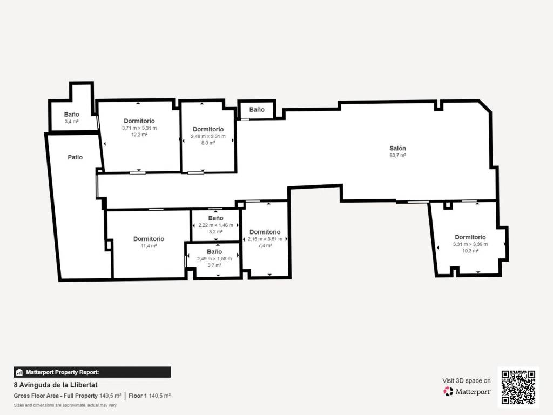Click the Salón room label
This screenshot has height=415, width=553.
pyautogui.click(x=397, y=148)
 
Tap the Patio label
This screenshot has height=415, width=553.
pyautogui.click(x=75, y=157)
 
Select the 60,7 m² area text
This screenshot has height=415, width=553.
pyautogui.click(x=397, y=155)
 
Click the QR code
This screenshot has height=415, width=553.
pyautogui.click(x=518, y=387)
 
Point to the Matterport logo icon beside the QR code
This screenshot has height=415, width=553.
pyautogui.click(x=448, y=391)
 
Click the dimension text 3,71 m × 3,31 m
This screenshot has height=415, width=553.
pyautogui.click(x=139, y=128)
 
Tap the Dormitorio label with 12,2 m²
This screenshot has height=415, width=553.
pyautogui.click(x=139, y=121)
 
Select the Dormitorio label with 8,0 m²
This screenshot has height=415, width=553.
pyautogui.click(x=208, y=130)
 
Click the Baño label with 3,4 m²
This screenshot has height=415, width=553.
pyautogui.click(x=72, y=115)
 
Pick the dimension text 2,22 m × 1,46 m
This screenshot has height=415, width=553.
pyautogui.click(x=215, y=225)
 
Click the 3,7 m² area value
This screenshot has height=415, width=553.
pyautogui.click(x=214, y=265)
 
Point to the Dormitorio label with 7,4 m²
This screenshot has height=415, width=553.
pyautogui.click(x=265, y=232)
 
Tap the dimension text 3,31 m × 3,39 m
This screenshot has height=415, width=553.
pyautogui.click(x=470, y=244)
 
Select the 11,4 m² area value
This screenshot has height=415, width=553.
pyautogui.click(x=149, y=246)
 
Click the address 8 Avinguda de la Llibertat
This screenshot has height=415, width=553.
pyautogui.click(x=56, y=385)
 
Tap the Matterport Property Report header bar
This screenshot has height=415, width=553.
pyautogui.click(x=92, y=372)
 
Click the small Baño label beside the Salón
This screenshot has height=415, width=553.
pyautogui.click(x=257, y=110)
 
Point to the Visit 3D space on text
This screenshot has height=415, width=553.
pyautogui.click(x=467, y=381)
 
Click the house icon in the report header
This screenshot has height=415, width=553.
pyautogui.click(x=19, y=372)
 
